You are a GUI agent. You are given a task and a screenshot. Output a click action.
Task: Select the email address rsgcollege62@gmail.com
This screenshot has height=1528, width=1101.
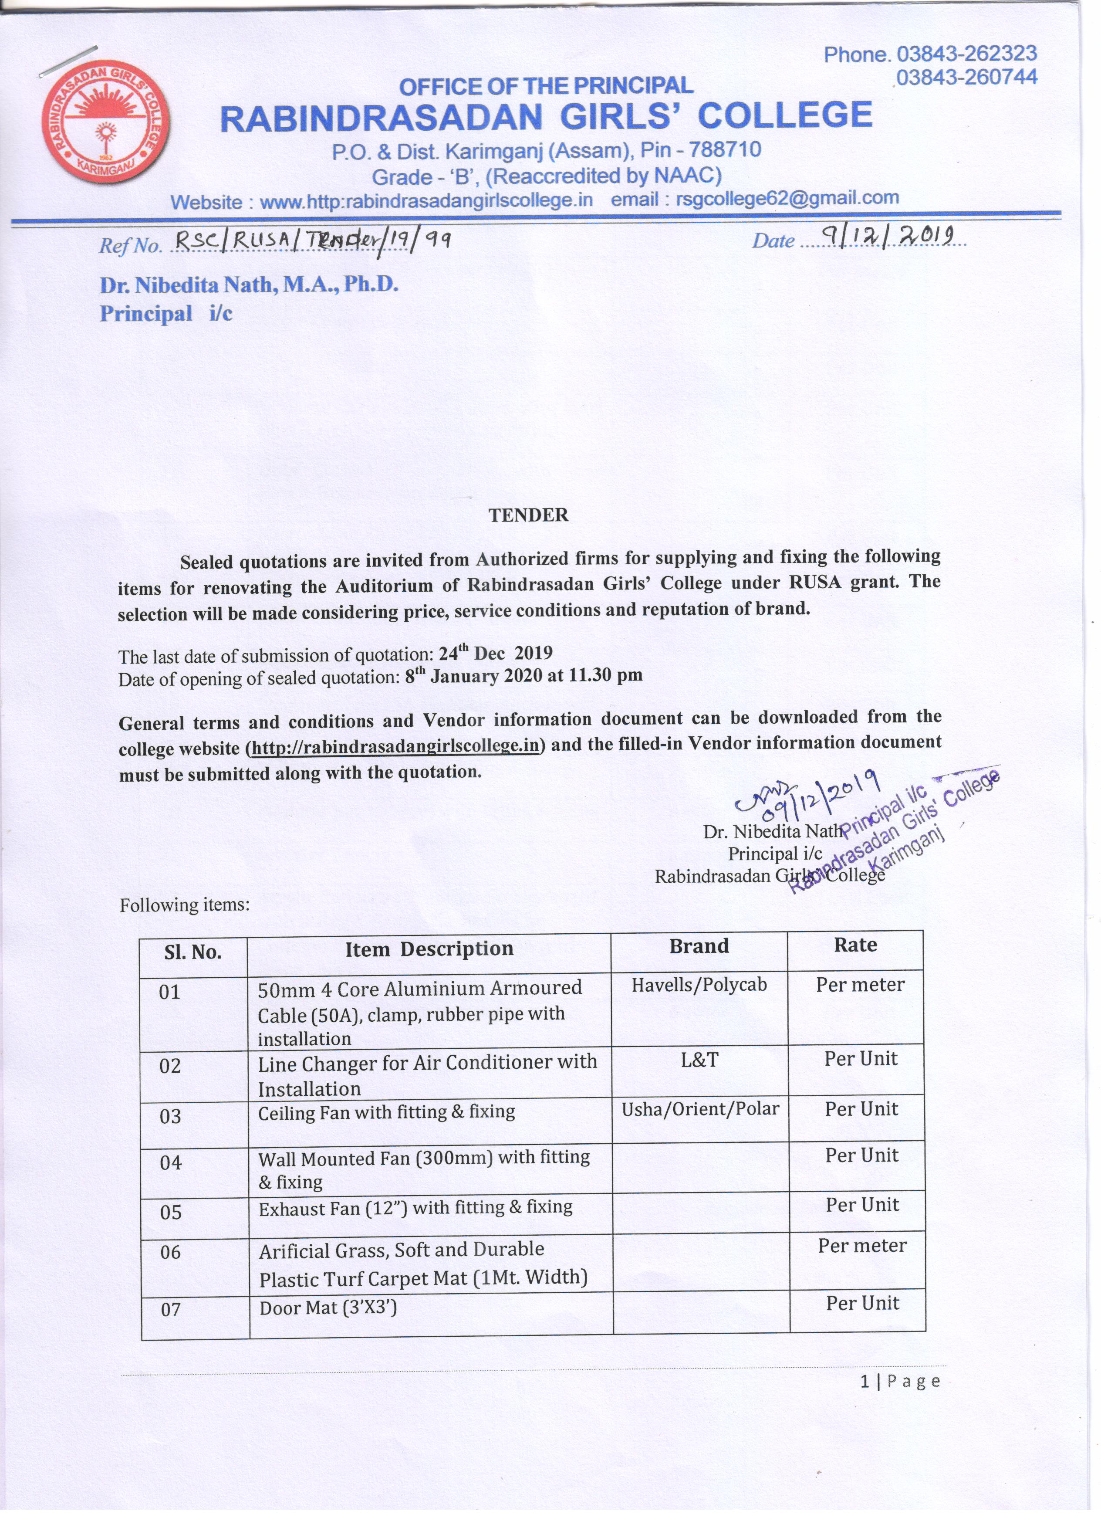(x=787, y=198)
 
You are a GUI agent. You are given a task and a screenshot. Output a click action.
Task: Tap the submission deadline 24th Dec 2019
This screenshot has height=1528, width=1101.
(x=496, y=653)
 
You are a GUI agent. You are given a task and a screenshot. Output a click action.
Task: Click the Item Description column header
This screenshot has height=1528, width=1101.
(x=429, y=949)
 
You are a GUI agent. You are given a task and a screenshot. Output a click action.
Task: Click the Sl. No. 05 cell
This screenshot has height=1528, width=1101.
(x=171, y=1213)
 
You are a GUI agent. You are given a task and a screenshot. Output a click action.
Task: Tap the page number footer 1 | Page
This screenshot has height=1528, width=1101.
(x=900, y=1382)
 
